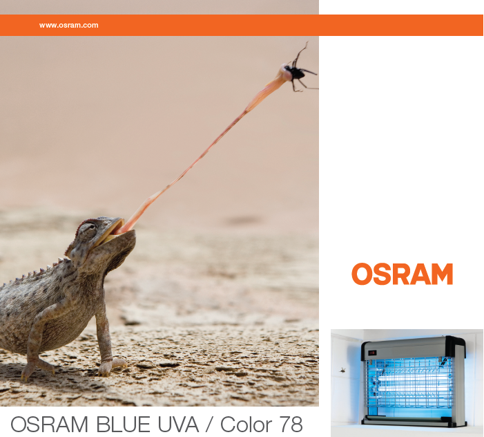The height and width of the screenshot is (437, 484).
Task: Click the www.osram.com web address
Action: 68,26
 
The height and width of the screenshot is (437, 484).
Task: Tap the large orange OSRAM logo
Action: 403,274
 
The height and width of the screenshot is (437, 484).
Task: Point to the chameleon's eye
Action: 88,230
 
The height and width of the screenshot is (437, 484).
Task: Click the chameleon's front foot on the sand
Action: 111,367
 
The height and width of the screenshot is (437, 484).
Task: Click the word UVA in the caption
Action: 178,425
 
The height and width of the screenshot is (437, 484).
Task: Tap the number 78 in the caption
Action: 291,425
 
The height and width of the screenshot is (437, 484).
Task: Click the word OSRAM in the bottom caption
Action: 49,425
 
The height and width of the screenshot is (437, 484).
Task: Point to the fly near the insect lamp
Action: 342,370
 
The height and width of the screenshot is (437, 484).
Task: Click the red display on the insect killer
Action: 372,353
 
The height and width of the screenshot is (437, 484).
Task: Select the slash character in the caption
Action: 209,425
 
